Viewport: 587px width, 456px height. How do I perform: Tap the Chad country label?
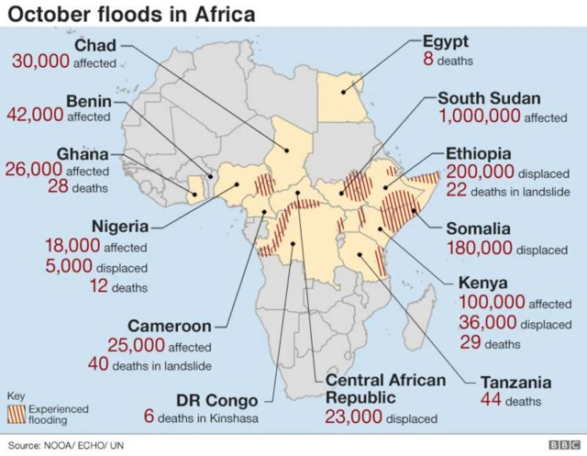point(94,46)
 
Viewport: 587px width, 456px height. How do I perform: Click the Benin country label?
point(89,100)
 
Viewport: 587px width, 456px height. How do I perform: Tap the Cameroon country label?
point(170,326)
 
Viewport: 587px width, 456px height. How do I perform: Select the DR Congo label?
point(216,400)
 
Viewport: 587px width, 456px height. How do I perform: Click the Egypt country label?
point(446,41)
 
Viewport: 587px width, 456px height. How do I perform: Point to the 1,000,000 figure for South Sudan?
point(480,117)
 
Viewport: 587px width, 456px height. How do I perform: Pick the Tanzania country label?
point(515,383)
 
